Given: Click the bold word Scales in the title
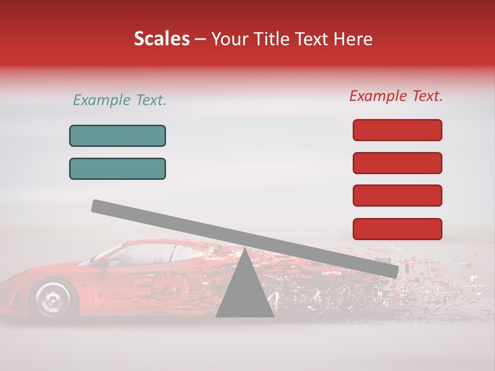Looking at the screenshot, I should [161, 39].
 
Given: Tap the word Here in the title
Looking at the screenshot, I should [353, 39].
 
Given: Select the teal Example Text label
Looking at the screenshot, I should [120, 100].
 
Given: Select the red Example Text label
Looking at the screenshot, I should [396, 96].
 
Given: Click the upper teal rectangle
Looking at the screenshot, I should [118, 136].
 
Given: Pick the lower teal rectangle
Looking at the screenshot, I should [118, 168].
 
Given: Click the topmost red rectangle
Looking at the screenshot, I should [397, 130].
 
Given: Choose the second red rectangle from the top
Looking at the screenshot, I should [397, 163].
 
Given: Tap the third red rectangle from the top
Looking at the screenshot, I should [397, 196].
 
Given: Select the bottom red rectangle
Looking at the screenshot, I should [397, 229].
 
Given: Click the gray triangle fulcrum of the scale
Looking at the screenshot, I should [244, 291].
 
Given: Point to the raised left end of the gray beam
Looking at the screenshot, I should [98, 206].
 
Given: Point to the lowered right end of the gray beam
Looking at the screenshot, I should [392, 271].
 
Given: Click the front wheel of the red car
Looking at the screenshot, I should [52, 298].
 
